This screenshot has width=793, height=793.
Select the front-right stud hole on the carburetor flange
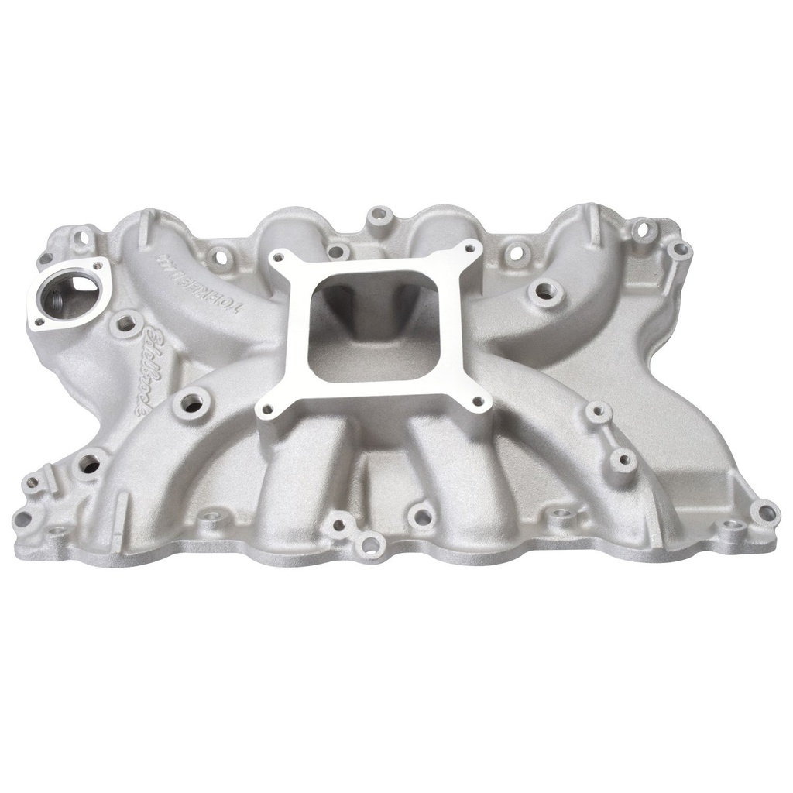tap(478, 401)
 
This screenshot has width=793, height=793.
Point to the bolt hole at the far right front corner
tap(766, 512)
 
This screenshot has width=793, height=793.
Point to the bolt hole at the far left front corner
tap(22, 518)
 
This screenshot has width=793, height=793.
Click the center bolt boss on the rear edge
tap(379, 215)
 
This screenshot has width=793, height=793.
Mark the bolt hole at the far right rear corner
tap(679, 249)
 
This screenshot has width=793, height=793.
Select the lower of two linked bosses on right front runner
tap(623, 460)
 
